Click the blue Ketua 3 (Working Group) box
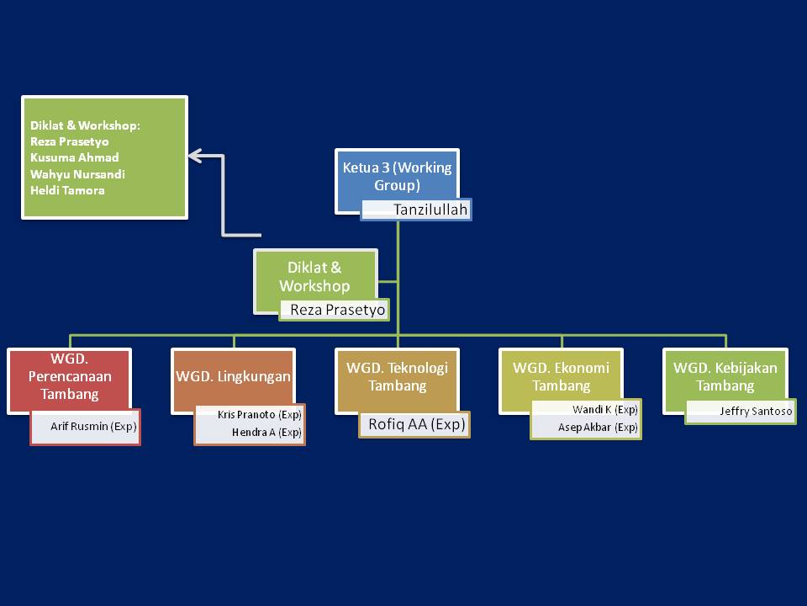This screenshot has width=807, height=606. tap(397, 176)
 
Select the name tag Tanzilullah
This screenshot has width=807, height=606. tap(418, 210)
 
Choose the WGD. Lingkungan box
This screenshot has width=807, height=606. tap(233, 376)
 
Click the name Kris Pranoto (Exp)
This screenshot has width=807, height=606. tap(259, 415)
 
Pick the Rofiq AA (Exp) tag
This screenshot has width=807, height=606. tap(416, 424)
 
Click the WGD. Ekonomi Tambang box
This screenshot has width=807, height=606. tap(562, 376)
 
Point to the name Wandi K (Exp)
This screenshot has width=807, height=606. tap(604, 409)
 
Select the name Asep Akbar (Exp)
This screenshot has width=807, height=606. tap(598, 428)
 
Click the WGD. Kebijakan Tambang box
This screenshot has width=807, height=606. tap(725, 376)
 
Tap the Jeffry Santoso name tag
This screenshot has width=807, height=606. tap(755, 412)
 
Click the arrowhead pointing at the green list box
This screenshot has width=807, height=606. tap(196, 155)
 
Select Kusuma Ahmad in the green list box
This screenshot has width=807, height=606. tap(74, 157)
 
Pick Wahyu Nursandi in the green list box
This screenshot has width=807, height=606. tap(77, 174)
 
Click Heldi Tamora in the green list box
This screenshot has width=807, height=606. tap(67, 190)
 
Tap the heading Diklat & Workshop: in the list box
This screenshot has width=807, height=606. tap(85, 125)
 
